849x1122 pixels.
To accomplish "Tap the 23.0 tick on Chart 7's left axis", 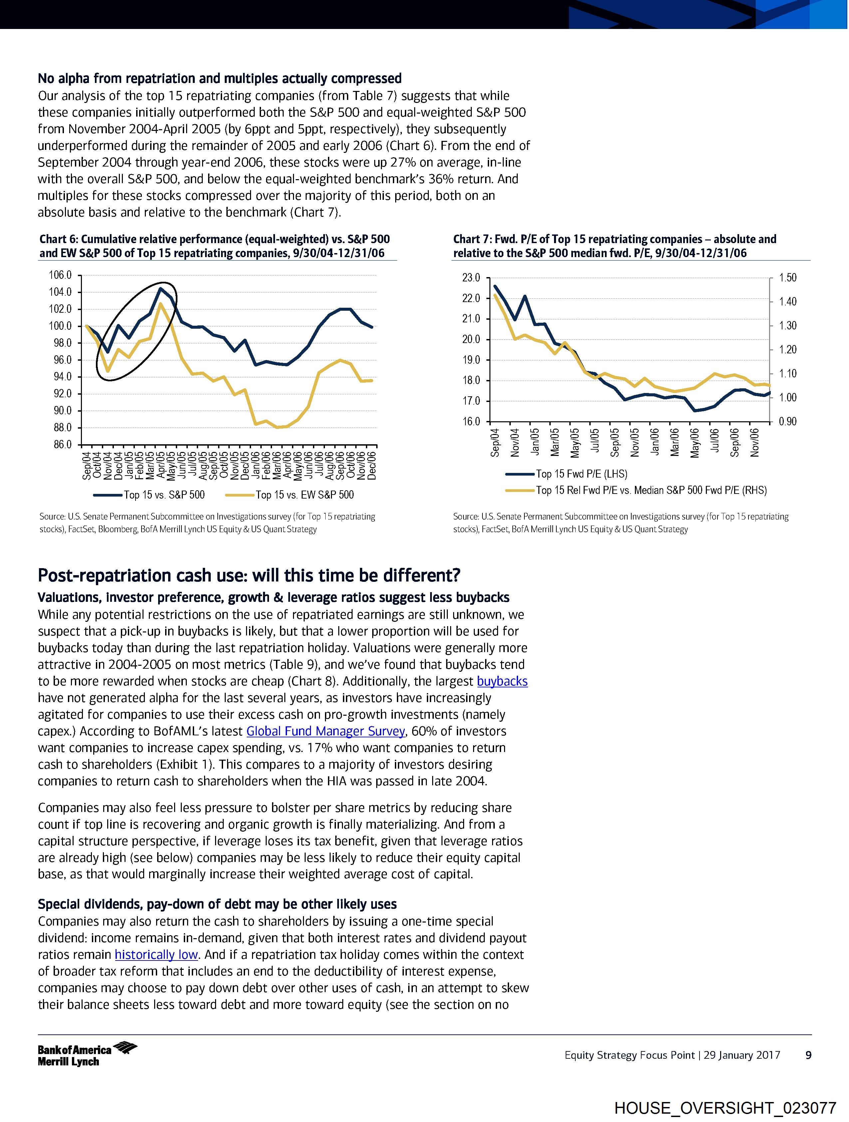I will point(471,278).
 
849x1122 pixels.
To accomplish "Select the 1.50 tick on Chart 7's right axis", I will point(788,278).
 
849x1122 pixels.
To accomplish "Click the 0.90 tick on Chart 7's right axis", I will point(788,422).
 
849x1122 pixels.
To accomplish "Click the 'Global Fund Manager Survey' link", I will point(326,731).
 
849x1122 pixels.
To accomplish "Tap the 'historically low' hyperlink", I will point(156,954).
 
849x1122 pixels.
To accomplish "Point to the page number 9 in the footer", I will point(808,1055).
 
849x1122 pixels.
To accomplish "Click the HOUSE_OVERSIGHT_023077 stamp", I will point(725,1107).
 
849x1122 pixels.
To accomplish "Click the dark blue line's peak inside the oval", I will point(160,289).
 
